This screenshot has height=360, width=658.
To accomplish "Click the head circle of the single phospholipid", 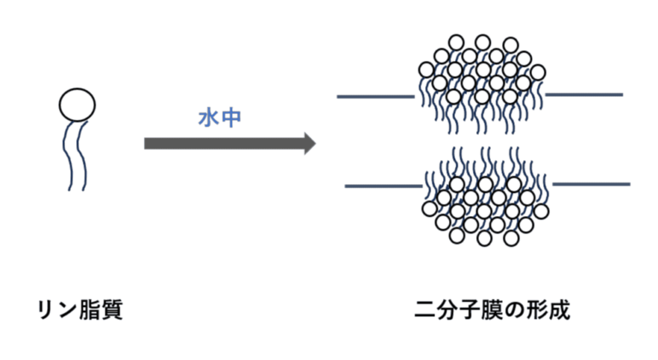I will coord(77,105).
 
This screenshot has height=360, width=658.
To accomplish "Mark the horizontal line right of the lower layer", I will coord(591,183).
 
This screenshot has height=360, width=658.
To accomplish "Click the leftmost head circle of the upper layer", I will coord(424,69).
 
